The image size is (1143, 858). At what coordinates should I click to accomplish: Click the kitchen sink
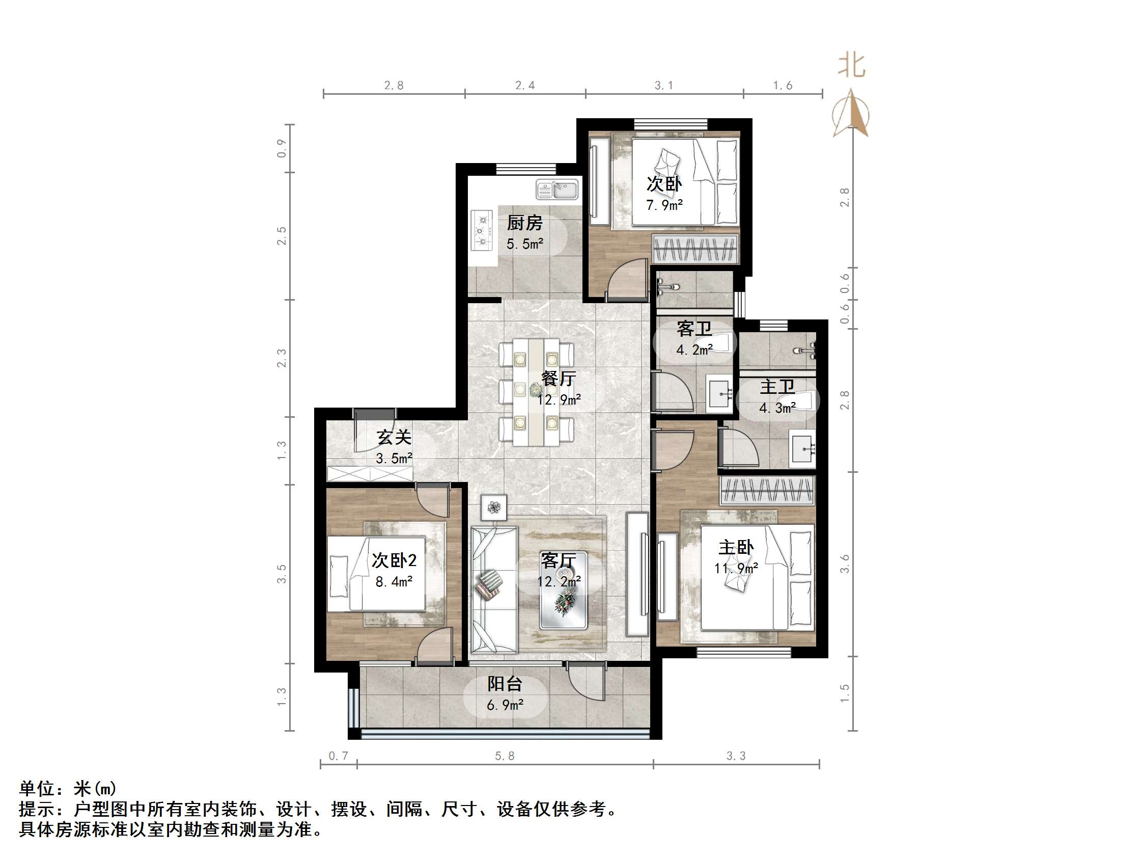click(x=557, y=190)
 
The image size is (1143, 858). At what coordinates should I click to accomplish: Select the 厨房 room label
click(x=524, y=223)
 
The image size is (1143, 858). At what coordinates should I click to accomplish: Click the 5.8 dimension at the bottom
click(x=505, y=756)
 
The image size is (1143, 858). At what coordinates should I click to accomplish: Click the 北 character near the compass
click(x=852, y=66)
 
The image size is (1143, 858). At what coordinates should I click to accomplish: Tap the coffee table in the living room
click(x=563, y=590)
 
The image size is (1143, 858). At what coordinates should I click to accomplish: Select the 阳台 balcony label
click(x=505, y=684)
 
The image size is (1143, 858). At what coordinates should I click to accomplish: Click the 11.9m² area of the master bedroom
click(x=736, y=569)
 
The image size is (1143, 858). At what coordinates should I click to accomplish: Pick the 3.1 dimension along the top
click(x=664, y=85)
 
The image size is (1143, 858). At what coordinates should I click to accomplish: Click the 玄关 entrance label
click(x=394, y=438)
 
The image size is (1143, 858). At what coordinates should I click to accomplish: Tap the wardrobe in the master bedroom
click(x=767, y=490)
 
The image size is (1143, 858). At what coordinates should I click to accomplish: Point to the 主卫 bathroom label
click(x=777, y=386)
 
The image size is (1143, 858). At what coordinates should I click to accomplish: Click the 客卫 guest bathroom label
click(x=694, y=329)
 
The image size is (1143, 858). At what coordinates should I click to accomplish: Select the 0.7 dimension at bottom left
click(x=339, y=756)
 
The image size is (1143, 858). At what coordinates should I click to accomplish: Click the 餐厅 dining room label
click(x=559, y=379)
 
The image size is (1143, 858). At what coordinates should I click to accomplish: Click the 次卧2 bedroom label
click(x=394, y=560)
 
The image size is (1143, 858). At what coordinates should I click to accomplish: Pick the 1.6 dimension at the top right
click(x=783, y=85)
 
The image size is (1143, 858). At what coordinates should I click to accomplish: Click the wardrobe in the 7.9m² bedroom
click(x=694, y=249)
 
